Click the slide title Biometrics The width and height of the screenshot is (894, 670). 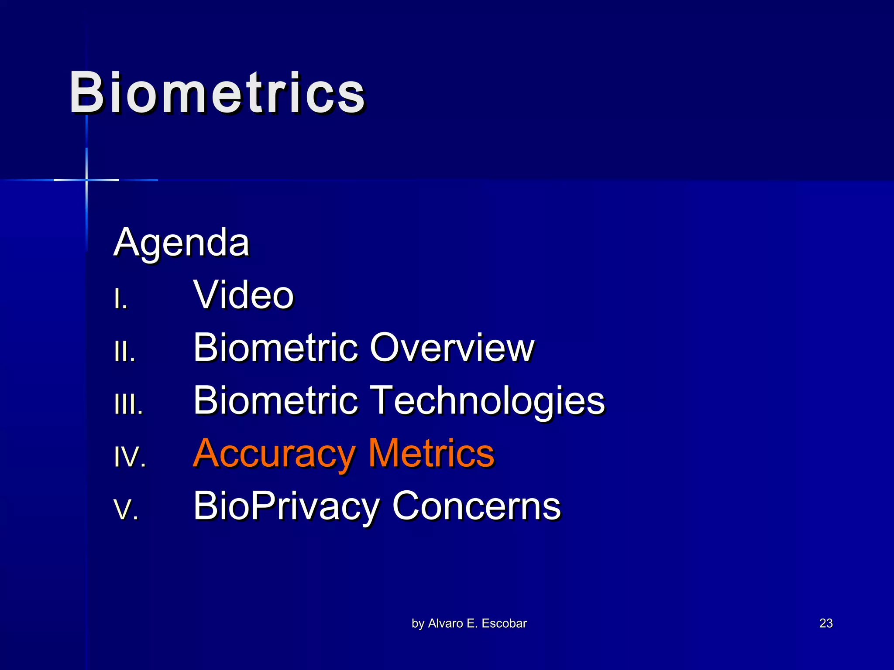(217, 93)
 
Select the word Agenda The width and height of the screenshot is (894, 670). (181, 243)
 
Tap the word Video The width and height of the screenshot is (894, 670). (244, 295)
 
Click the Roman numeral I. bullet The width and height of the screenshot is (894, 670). (120, 300)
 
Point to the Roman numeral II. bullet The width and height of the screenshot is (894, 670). (124, 352)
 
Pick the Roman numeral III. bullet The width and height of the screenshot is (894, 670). (128, 405)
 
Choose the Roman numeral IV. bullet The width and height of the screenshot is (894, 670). (130, 457)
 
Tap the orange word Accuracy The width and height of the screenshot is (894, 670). (274, 454)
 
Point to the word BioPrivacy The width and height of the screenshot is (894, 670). (287, 506)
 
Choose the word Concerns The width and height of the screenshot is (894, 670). (476, 506)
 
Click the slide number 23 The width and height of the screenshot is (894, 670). (826, 623)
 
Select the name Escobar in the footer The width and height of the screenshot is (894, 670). (504, 623)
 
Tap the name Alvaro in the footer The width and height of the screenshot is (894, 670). (446, 623)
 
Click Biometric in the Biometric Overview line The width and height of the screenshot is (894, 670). (276, 348)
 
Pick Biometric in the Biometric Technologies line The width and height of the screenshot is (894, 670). (276, 400)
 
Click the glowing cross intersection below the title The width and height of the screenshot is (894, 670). (86, 180)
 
